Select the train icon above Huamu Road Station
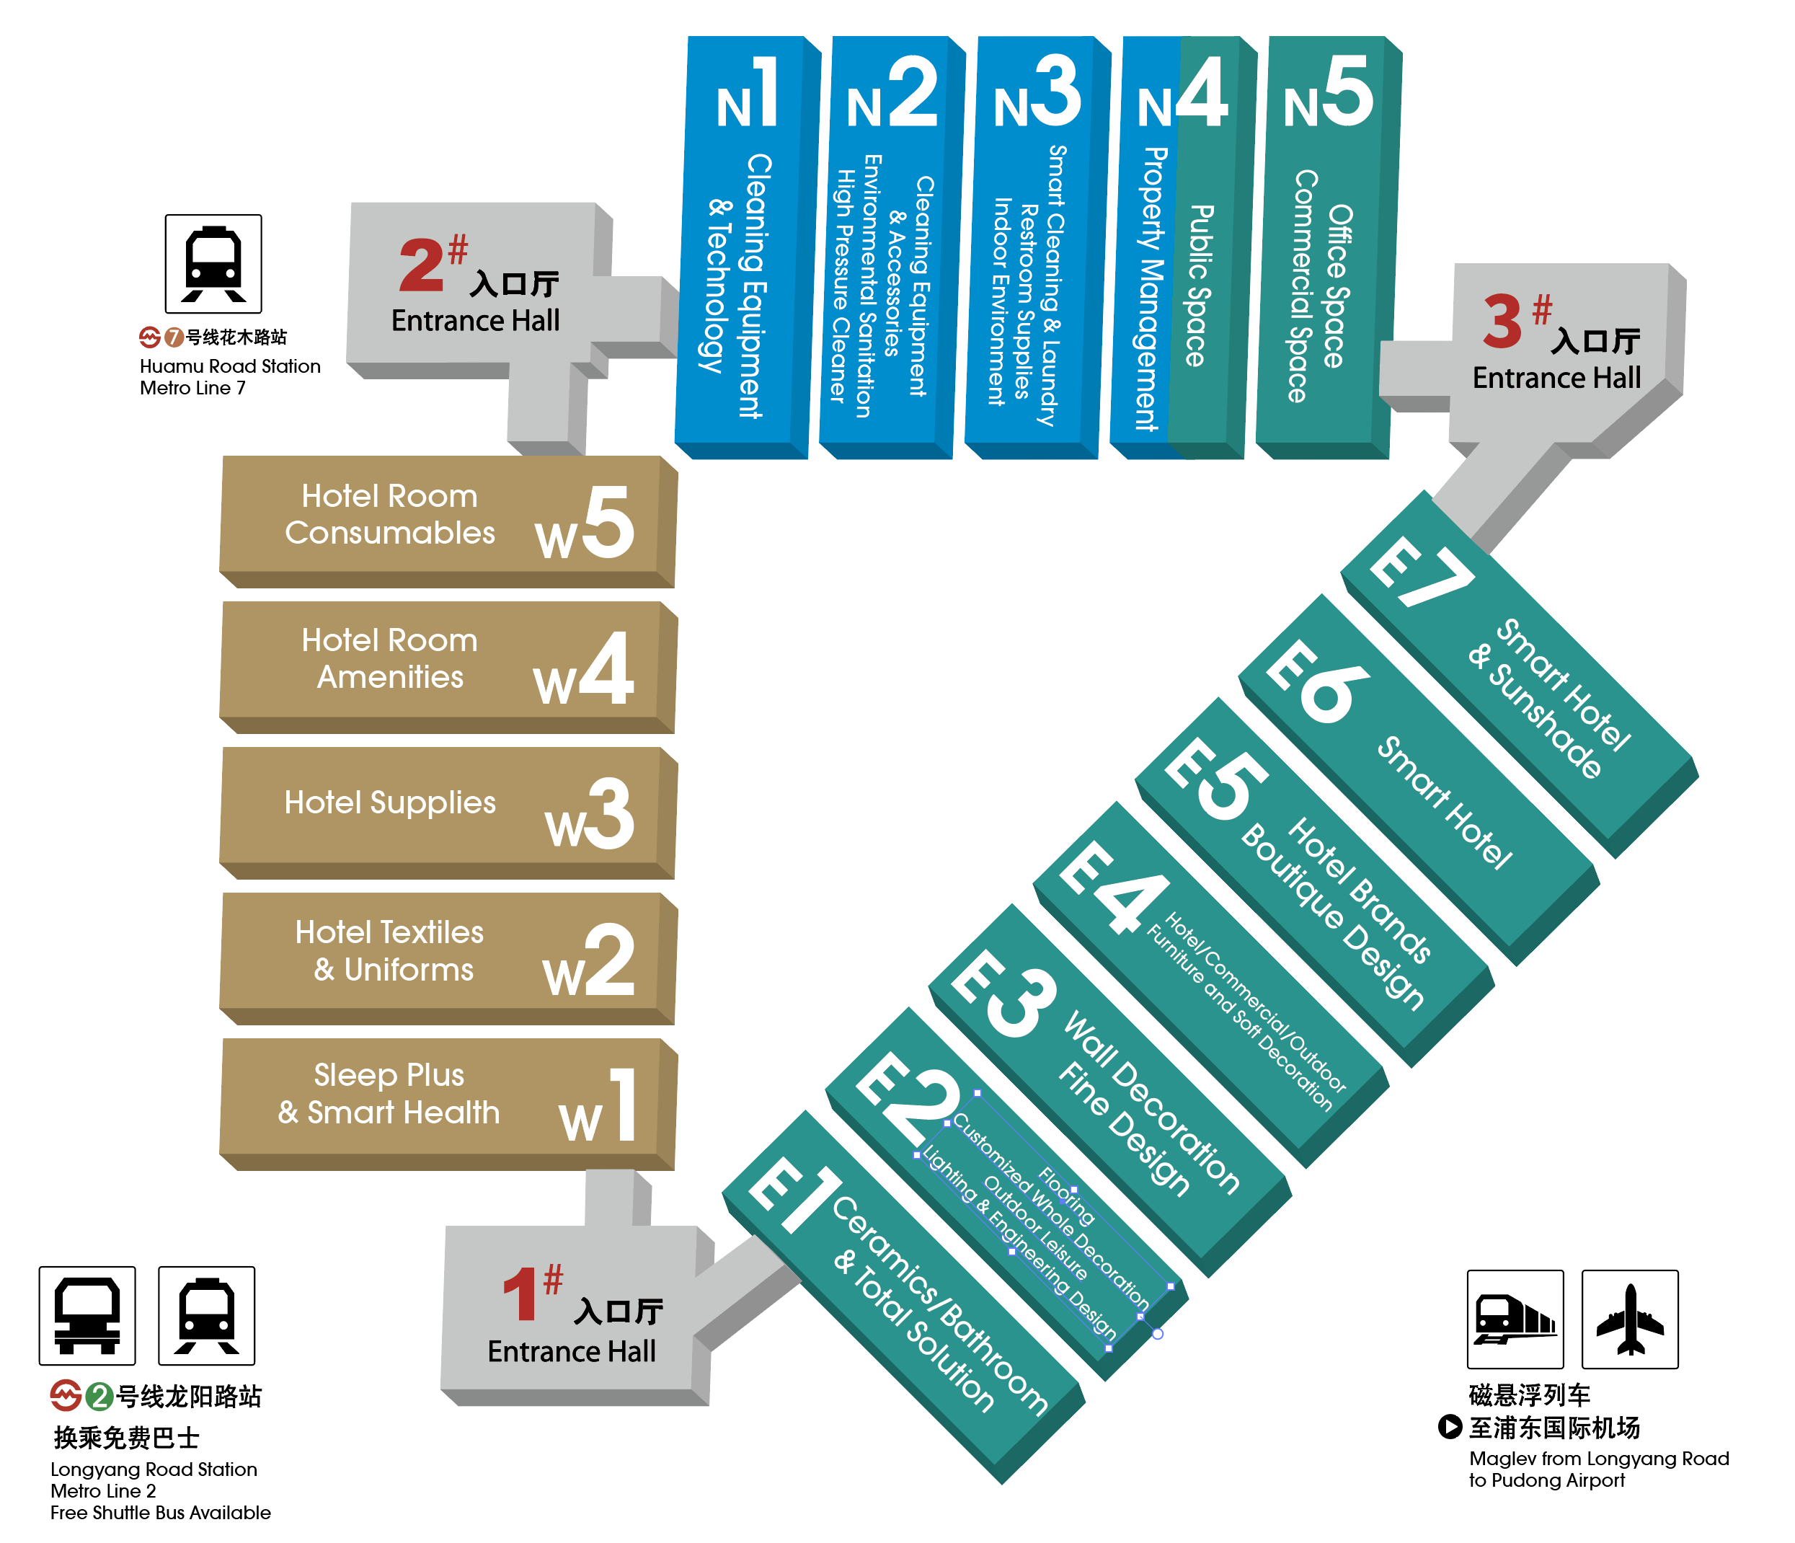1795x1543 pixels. coord(213,263)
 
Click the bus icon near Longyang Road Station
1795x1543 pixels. coord(87,1314)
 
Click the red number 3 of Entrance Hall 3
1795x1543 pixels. coord(1502,322)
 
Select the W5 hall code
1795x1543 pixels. coord(584,523)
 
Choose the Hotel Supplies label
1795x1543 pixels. coord(390,803)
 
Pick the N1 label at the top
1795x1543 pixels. coord(747,94)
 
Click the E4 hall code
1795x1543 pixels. coord(1112,888)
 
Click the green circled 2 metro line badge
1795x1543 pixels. coord(99,1396)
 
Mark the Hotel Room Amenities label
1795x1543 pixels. coord(390,658)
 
